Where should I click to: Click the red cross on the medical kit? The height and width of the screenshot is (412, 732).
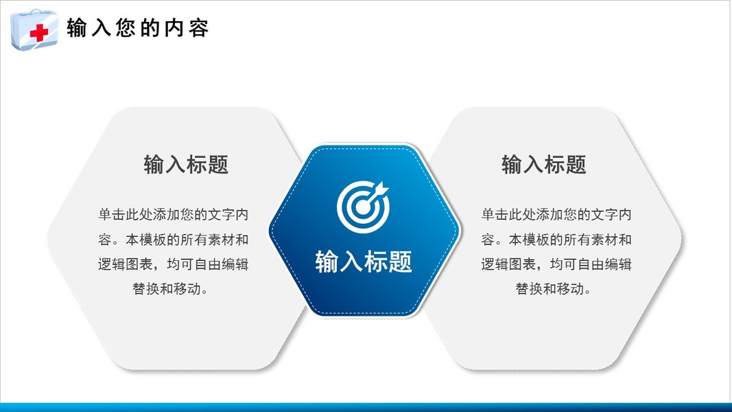click(x=38, y=33)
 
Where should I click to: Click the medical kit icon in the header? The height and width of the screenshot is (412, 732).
click(x=34, y=29)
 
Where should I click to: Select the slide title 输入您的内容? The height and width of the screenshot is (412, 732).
click(x=137, y=28)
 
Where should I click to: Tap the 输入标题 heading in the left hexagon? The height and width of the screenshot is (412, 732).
click(x=186, y=164)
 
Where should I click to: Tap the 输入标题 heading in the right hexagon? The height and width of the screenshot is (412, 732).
click(x=544, y=164)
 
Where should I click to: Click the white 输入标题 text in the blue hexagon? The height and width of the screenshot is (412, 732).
click(x=364, y=261)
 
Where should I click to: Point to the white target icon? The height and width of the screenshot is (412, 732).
click(x=363, y=207)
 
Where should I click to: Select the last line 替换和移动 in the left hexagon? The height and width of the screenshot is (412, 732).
click(x=170, y=288)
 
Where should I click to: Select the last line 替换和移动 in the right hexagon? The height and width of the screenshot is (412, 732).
click(x=553, y=288)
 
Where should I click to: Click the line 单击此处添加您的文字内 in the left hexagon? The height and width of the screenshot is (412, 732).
click(x=173, y=214)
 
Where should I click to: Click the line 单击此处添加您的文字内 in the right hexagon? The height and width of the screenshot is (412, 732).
click(x=556, y=214)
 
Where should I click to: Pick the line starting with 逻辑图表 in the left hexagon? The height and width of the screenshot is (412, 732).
click(x=173, y=264)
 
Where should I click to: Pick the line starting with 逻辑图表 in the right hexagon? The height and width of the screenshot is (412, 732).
click(x=556, y=264)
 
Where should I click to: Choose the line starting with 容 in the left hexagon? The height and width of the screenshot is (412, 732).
click(x=173, y=240)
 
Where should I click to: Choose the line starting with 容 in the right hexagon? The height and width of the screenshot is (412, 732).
click(x=556, y=240)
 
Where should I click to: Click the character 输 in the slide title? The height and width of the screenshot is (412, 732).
click(x=77, y=28)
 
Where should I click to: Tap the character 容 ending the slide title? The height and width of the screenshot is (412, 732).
click(x=198, y=28)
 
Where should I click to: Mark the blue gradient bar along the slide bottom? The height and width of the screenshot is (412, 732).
click(x=366, y=407)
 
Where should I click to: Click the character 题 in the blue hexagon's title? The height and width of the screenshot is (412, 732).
click(x=400, y=261)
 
